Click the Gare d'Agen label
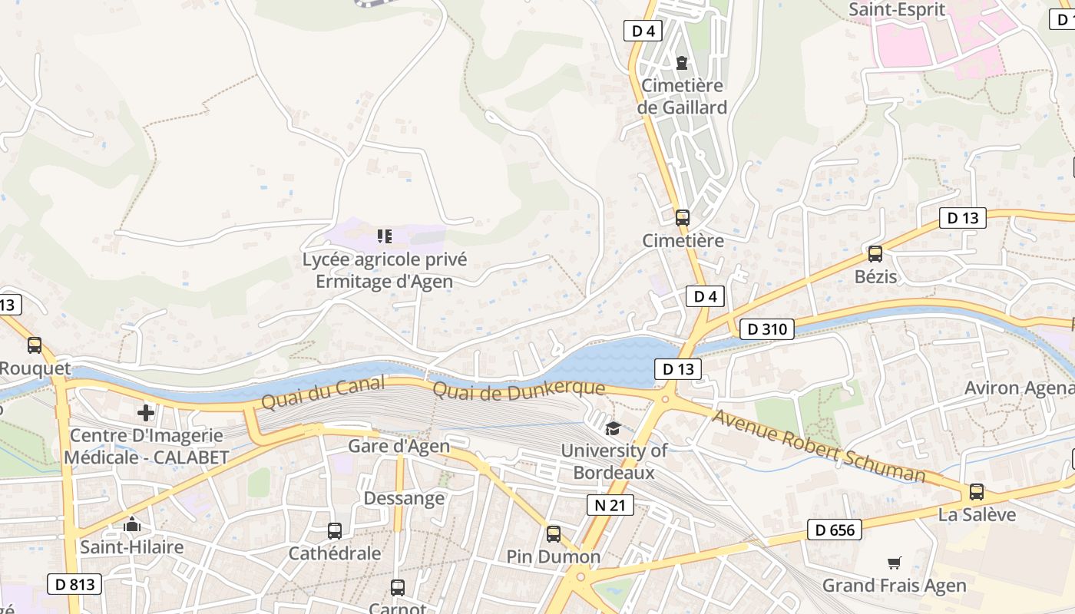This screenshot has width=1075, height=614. (399, 446)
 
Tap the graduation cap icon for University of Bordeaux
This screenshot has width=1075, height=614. (612, 428)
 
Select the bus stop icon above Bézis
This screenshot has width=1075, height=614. (875, 254)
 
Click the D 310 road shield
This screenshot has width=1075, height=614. (766, 329)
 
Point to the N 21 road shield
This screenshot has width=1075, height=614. (610, 505)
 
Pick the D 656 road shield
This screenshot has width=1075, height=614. (835, 530)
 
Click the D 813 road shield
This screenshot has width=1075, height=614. (75, 584)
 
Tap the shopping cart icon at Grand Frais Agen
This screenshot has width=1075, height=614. (894, 563)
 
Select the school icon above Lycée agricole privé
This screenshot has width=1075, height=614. (384, 236)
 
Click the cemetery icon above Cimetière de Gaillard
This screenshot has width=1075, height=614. (681, 62)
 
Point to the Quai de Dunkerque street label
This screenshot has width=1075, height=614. (518, 390)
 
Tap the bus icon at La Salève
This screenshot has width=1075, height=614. (976, 492)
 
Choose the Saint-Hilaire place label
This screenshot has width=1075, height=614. (132, 547)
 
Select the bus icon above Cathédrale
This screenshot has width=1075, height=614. (334, 530)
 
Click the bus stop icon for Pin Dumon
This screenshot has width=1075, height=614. (554, 533)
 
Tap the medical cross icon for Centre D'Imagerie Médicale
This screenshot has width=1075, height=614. (145, 413)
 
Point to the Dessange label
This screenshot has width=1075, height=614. (404, 498)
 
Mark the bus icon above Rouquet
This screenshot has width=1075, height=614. (35, 345)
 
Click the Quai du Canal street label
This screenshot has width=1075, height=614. (322, 392)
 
